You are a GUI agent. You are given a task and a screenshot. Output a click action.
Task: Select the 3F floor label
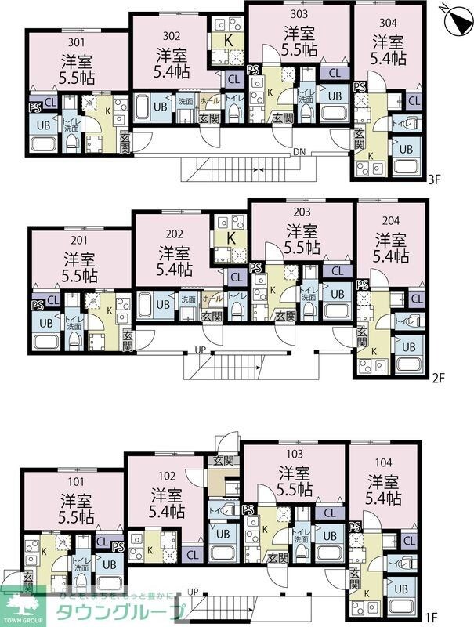tap(435, 179)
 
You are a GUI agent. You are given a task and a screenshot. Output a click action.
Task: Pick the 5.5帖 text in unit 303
tap(299, 49)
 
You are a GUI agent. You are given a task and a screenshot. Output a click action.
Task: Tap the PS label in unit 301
tap(34, 108)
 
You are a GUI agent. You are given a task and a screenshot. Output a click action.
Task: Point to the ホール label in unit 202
tap(212, 299)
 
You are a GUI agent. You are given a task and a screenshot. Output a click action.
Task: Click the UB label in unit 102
tap(222, 533)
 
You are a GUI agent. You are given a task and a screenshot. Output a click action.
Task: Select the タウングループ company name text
tap(118, 612)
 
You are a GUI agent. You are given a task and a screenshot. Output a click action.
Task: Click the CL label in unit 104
tap(408, 541)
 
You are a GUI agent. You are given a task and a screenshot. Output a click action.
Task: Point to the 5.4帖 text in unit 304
tap(389, 57)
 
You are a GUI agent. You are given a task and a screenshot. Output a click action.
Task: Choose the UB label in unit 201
tap(46, 322)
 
